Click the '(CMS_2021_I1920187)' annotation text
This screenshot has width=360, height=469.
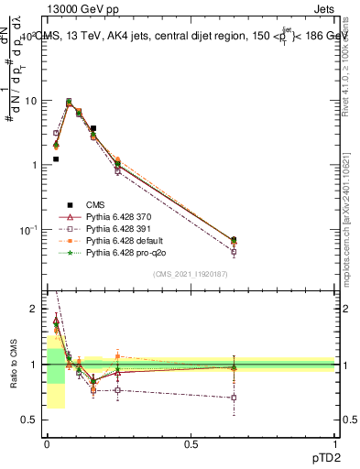tap(190, 274)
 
